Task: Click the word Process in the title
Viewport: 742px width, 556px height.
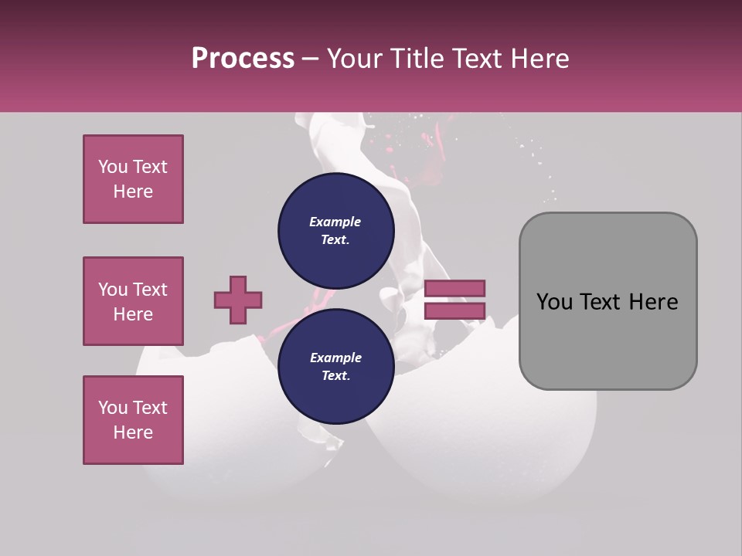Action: (243, 59)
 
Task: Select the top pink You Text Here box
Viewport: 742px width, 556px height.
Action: (133, 179)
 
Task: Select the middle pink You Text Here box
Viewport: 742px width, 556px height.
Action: (133, 301)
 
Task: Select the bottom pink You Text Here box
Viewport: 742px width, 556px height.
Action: (133, 420)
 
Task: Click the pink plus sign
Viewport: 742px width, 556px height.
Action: (238, 300)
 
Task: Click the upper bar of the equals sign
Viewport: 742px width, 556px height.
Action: (454, 288)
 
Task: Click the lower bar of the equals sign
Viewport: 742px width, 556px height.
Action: (454, 310)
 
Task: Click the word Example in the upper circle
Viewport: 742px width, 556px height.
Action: (335, 222)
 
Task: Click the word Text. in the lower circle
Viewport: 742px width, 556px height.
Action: (335, 376)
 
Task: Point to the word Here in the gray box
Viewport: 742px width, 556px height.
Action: (653, 302)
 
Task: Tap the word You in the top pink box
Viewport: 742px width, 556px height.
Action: (113, 167)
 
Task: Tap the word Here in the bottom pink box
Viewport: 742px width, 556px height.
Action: (133, 432)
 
